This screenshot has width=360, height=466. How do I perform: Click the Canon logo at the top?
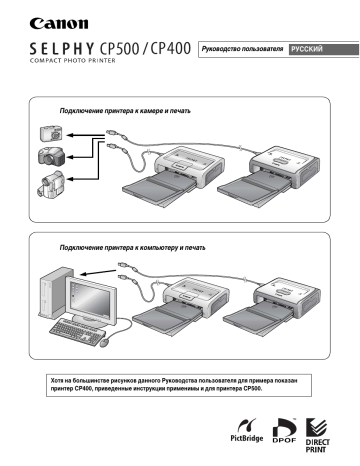[59, 23]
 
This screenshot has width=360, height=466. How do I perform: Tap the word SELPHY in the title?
[62, 49]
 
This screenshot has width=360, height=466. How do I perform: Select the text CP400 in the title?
[170, 49]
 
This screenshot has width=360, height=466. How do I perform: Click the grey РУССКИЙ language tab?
[323, 49]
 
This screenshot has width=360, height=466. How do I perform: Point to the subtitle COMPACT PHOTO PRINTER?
[73, 61]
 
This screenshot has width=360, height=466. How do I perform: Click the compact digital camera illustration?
[51, 133]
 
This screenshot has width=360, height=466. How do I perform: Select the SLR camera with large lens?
[51, 157]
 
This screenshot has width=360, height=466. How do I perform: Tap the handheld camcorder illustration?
[50, 184]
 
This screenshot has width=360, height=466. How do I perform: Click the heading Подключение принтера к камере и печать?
[125, 111]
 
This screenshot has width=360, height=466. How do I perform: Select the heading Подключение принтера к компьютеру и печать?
[132, 248]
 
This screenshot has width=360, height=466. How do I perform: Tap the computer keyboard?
[77, 332]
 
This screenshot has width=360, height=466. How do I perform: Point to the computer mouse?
[105, 343]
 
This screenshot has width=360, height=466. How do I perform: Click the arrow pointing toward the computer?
[99, 272]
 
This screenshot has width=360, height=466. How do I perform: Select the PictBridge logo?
[247, 430]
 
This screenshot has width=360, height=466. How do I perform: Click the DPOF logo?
[284, 430]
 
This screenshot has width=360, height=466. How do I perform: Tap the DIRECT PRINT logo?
[317, 435]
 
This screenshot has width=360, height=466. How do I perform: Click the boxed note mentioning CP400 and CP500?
[179, 385]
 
